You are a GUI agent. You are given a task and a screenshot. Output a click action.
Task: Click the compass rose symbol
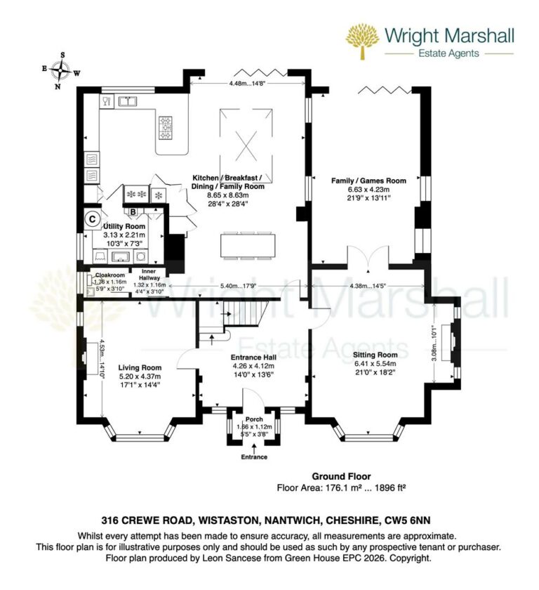pos(62,70)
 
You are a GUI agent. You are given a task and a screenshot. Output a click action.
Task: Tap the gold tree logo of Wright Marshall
pos(363,41)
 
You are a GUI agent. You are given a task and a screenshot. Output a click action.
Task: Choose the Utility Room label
pos(124,226)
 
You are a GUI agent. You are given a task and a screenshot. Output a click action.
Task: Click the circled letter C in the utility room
pos(92,218)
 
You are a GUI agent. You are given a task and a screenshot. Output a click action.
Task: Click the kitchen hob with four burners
pos(167,126)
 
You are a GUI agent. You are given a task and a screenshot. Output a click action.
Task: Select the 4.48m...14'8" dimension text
pos(248,84)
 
